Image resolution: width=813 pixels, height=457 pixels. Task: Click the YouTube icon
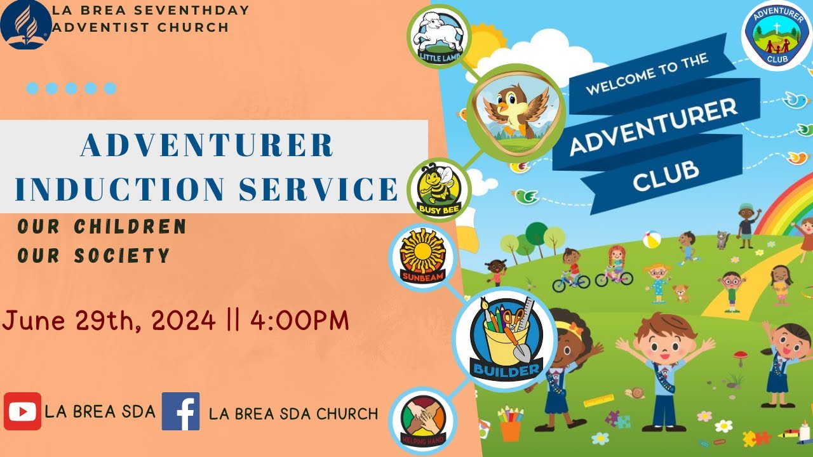23,411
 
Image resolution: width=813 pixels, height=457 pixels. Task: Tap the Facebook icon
180,411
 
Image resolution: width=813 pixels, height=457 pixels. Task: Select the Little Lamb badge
438,36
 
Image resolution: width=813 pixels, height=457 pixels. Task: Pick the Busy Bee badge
438,189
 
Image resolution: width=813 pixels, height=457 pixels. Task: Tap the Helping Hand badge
422,420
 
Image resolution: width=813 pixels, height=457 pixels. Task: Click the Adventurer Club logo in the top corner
776,36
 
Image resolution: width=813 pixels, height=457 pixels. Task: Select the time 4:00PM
300,321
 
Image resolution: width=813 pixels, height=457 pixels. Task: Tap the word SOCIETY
122,256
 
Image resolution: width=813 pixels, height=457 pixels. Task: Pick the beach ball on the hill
652,240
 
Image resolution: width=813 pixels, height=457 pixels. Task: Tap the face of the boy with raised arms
660,343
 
